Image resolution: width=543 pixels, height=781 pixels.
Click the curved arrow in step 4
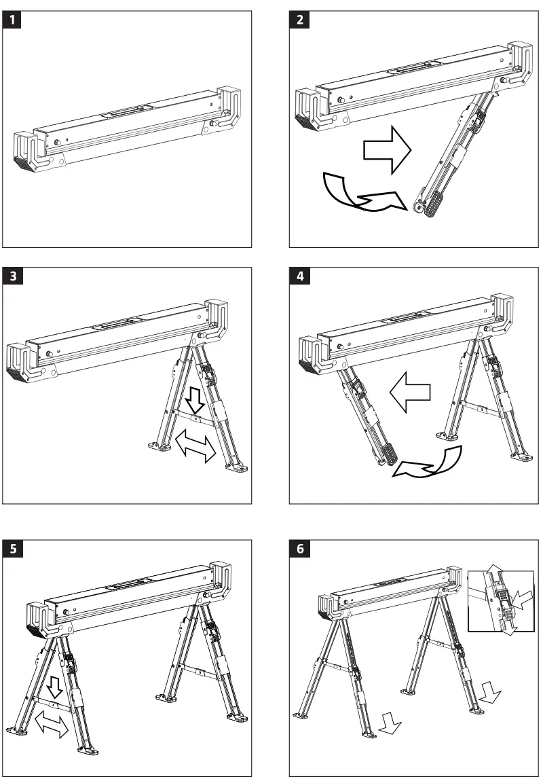tap(431, 462)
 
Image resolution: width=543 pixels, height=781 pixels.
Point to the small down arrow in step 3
tap(195, 401)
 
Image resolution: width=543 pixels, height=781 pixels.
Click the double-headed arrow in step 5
tap(52, 723)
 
